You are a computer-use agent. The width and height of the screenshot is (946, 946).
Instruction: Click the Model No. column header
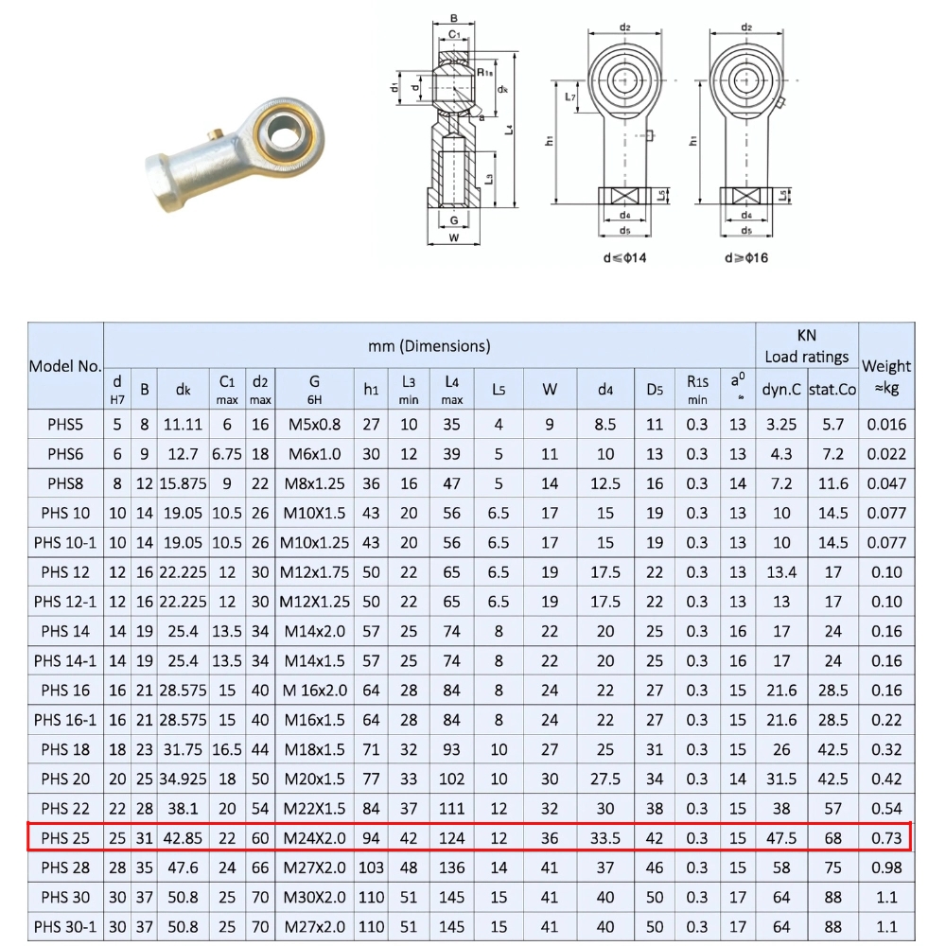click(65, 366)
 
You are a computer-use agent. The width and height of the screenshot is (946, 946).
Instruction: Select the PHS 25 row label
click(65, 838)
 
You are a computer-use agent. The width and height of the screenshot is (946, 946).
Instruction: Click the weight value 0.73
click(886, 838)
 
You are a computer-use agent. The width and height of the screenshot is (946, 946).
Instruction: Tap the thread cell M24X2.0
click(314, 838)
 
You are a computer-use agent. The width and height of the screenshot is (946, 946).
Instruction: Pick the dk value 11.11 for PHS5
click(184, 425)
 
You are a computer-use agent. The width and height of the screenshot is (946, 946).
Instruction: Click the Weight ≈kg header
click(886, 376)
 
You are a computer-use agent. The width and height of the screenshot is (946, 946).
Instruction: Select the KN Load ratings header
click(806, 345)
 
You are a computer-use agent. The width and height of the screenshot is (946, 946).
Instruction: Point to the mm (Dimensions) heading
click(429, 345)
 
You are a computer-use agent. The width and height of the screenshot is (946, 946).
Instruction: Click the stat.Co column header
click(832, 389)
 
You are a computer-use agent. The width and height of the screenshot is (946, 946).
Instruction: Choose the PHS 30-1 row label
click(65, 927)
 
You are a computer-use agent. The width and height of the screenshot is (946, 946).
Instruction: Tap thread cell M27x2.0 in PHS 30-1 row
click(314, 927)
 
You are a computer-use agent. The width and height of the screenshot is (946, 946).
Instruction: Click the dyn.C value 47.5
click(780, 838)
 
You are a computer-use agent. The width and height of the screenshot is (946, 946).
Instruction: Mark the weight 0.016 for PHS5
click(886, 425)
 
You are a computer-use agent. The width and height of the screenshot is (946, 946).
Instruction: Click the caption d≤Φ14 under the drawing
click(624, 257)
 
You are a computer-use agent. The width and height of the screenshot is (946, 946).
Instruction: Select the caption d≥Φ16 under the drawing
click(745, 257)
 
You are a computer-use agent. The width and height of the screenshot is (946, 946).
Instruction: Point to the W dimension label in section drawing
click(454, 237)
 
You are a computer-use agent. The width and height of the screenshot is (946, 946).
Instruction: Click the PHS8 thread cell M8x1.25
click(314, 483)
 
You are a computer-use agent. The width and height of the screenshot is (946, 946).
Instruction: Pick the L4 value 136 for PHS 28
click(452, 867)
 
